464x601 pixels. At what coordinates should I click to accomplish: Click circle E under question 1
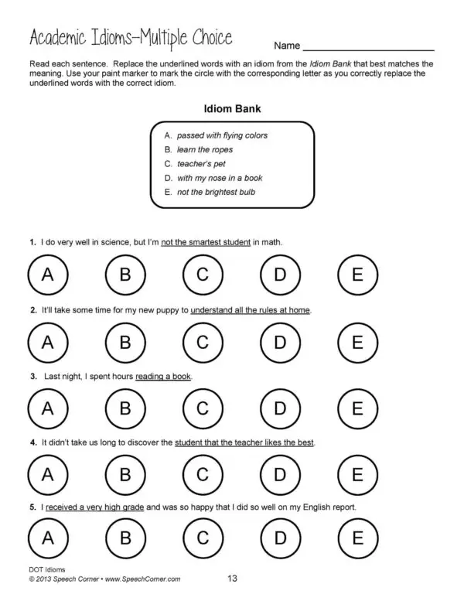[x=357, y=275]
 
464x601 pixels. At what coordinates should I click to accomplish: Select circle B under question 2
[x=125, y=341]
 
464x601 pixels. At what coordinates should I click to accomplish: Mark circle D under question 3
[x=280, y=408]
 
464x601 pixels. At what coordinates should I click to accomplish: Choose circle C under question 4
[x=203, y=474]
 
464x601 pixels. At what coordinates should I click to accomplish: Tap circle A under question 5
[x=47, y=538]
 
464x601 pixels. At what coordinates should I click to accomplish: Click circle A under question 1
[x=47, y=275]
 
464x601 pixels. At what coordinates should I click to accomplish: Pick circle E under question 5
[x=357, y=538]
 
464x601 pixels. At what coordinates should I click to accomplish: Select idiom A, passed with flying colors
[x=221, y=135]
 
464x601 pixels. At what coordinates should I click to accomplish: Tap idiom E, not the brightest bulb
[x=215, y=192]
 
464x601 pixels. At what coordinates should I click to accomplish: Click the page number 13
[x=233, y=578]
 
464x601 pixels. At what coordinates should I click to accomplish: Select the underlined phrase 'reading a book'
[x=163, y=377]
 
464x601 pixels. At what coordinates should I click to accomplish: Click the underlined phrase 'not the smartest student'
[x=206, y=242]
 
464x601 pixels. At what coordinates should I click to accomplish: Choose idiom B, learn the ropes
[x=204, y=149]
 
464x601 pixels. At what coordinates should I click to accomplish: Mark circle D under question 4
[x=280, y=474]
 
